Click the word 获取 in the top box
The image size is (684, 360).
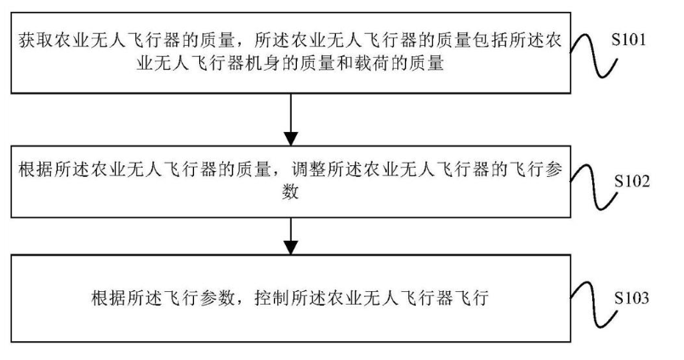[x=34, y=40]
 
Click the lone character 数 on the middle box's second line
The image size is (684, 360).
[x=291, y=191]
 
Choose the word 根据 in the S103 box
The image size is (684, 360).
[x=104, y=299]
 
